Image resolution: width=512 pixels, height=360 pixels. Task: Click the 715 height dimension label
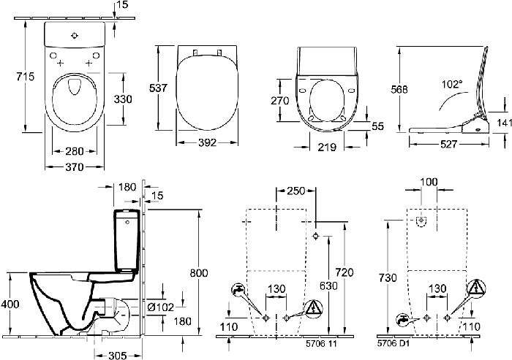tap(26, 77)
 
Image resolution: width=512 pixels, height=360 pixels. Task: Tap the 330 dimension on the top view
tap(123, 99)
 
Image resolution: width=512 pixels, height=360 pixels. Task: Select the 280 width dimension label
tap(75, 151)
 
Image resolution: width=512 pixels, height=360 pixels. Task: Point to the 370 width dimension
tap(75, 167)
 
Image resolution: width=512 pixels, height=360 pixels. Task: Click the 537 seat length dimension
tap(158, 88)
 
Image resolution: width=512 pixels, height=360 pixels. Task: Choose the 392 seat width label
tap(207, 142)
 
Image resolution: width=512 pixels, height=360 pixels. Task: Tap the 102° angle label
tap(452, 85)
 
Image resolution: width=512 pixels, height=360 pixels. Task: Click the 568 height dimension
tap(399, 89)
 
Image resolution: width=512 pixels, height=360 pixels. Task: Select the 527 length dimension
tap(448, 144)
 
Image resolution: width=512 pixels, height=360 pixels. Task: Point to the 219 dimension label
tap(327, 148)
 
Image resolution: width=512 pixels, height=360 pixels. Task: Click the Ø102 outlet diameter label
tap(160, 307)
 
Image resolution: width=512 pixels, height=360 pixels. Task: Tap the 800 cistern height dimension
tap(199, 272)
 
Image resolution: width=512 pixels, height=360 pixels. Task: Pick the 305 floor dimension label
tap(117, 355)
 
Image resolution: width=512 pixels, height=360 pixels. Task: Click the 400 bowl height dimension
tap(10, 305)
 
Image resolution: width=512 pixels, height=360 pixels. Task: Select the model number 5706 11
tap(321, 343)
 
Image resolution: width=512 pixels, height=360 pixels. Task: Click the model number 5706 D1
tap(394, 343)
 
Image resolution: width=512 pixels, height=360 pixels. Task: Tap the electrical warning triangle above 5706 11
tap(314, 308)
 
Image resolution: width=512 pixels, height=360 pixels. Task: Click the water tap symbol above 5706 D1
tap(403, 320)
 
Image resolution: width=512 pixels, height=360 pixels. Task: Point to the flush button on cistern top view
tap(75, 36)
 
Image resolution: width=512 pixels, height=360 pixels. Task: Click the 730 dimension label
tap(388, 277)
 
